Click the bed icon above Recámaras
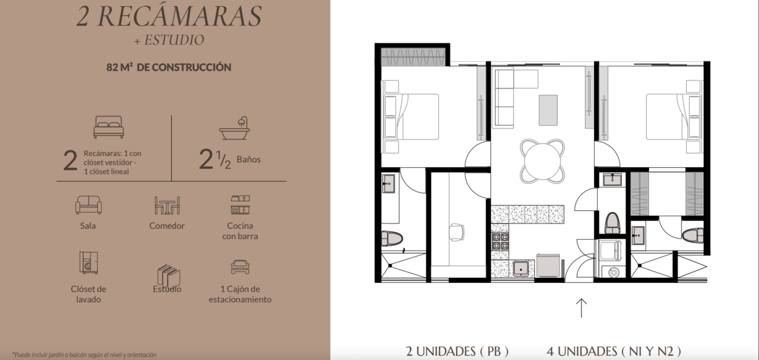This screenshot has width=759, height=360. click(x=108, y=127)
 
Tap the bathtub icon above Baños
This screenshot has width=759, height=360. click(x=235, y=128)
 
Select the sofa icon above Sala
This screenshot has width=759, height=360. click(x=89, y=205)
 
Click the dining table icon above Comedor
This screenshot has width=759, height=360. click(x=167, y=205)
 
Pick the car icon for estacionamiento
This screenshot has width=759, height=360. click(x=240, y=267)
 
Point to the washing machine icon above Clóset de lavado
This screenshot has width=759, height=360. click(x=89, y=263)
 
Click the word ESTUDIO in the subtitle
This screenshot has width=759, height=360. click(x=174, y=40)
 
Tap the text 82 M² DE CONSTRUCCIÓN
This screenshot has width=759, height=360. click(x=169, y=67)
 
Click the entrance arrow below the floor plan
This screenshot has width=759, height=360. click(x=581, y=307)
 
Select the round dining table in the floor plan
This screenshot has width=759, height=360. click(x=542, y=161)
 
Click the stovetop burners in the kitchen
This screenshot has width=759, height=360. click(x=500, y=240)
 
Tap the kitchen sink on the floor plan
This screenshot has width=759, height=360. click(x=521, y=269)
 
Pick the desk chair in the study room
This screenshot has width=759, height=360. click(x=457, y=232)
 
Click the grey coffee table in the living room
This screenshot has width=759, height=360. click(x=548, y=110)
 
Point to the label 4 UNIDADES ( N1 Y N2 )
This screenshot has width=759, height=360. click(x=614, y=352)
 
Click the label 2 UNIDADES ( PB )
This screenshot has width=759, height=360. click(x=457, y=352)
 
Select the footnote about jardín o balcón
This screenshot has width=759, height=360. click(x=84, y=354)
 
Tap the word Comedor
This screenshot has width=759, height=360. click(x=167, y=226)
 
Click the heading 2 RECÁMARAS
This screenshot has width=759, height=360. click(x=169, y=16)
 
